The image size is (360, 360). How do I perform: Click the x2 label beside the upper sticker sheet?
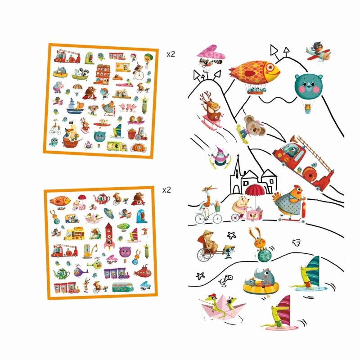coord(171,54)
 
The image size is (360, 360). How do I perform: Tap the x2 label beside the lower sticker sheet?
coord(166,190)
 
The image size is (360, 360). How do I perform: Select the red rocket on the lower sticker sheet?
coord(108,237)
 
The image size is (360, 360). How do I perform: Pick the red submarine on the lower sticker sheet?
coord(143,272)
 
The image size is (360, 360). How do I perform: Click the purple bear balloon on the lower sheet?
coord(125,252)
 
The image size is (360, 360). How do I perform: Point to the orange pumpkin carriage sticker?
coord(139,148)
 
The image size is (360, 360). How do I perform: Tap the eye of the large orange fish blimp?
coord(270,67)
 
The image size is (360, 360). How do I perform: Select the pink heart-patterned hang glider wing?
coord(210,53)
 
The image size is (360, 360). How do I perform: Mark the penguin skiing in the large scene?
coord(220,156)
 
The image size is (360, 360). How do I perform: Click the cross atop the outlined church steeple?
coord(238,157)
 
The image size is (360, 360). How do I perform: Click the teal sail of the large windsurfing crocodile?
coord(313,270)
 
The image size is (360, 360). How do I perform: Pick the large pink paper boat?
coord(220,308)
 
